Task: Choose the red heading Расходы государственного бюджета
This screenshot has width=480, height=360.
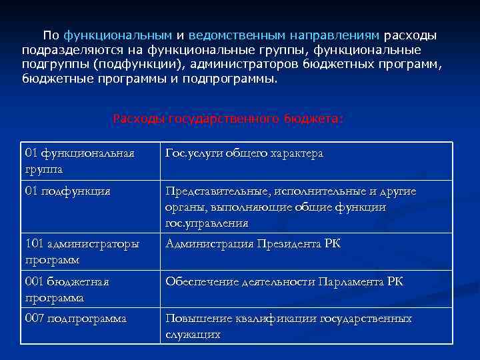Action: (228, 119)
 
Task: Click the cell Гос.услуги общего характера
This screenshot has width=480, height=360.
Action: (244, 154)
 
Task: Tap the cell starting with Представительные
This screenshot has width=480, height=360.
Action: (291, 207)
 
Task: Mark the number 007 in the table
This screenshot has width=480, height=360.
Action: (34, 319)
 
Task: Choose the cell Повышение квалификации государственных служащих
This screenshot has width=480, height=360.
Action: (289, 327)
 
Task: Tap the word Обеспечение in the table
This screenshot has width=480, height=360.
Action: (198, 282)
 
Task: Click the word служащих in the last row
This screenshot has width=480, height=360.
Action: (193, 334)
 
